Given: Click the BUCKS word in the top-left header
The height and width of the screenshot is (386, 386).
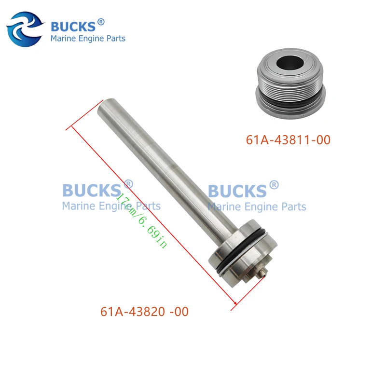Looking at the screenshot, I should pos(73,26).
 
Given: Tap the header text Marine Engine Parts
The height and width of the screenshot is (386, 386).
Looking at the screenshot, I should pos(88,38).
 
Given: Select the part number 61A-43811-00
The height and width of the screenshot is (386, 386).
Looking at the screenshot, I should pos(288,140).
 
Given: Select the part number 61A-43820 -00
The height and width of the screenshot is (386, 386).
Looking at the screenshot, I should pos(144,312).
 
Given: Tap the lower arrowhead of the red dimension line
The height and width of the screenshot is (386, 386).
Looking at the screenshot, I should pos(235,304).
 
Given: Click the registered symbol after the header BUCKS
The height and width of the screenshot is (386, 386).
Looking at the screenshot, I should pos(101,22).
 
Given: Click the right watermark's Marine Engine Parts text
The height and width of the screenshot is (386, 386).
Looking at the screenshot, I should pos(257,207).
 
